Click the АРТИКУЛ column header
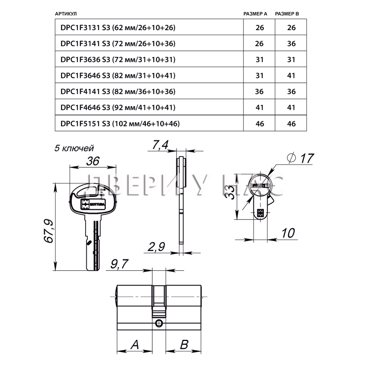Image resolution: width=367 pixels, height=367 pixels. pos(66,14)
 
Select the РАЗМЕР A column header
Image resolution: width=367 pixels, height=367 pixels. pos(255,14)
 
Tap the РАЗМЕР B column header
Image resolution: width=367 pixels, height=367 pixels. pos(287,14)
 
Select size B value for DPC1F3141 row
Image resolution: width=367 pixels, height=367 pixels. pos(291,44)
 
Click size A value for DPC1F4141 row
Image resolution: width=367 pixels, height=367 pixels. pos(259,91)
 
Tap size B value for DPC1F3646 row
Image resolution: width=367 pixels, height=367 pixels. pos(291,76)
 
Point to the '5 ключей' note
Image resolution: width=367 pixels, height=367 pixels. pos(74,148)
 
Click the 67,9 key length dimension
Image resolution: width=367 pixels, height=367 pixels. pos(48,231)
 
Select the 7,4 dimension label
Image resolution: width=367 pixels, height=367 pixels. pos(160,145)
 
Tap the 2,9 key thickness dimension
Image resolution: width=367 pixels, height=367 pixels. pos(156,247)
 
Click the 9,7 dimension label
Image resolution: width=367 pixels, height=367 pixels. pos(119,264)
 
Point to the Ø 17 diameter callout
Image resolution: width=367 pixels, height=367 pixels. pos(300,158)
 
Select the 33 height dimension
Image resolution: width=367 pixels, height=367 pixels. pos(230,192)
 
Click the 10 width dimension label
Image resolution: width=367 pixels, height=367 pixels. pos(288,233)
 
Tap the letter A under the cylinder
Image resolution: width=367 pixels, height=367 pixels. pos(135,345)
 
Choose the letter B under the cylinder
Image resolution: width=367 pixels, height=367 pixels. pos(184,345)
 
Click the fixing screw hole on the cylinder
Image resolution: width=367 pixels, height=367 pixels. pos(159,323)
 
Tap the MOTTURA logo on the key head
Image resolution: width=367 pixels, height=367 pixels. pos(93,204)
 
